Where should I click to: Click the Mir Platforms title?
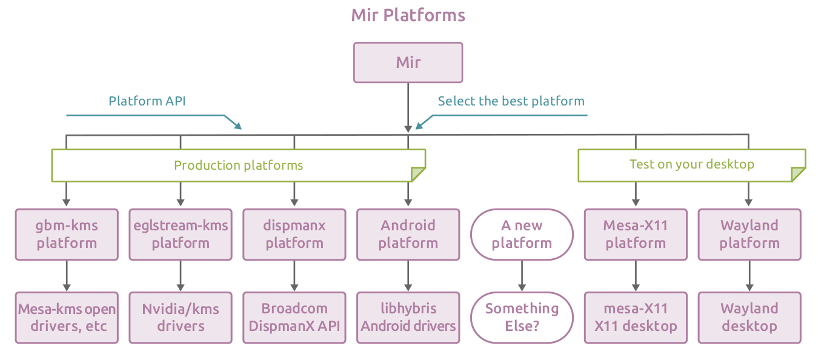pyautogui.click(x=408, y=15)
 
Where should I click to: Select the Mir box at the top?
pyautogui.click(x=408, y=62)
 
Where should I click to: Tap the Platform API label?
pyautogui.click(x=147, y=101)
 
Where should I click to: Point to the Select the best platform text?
pyautogui.click(x=511, y=101)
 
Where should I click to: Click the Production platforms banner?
pyautogui.click(x=238, y=165)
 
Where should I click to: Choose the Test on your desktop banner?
pyautogui.click(x=691, y=164)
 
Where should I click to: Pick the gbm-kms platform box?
pyautogui.click(x=67, y=235)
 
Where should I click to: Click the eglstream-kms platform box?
pyautogui.click(x=181, y=235)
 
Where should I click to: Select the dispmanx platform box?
pyautogui.click(x=294, y=235)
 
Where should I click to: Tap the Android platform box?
pyautogui.click(x=408, y=235)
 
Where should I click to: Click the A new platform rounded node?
pyautogui.click(x=522, y=235)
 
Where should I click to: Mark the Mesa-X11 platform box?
pyautogui.click(x=636, y=235)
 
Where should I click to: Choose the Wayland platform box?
pyautogui.click(x=749, y=235)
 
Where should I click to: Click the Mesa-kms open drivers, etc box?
pyautogui.click(x=67, y=318)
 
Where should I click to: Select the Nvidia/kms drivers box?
pyautogui.click(x=181, y=318)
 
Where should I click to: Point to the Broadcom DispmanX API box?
pyautogui.click(x=294, y=318)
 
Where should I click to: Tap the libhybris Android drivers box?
pyautogui.click(x=408, y=318)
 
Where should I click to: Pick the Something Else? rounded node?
pyautogui.click(x=522, y=318)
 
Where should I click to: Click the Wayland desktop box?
pyautogui.click(x=749, y=318)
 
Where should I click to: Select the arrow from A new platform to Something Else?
pyautogui.click(x=522, y=276)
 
